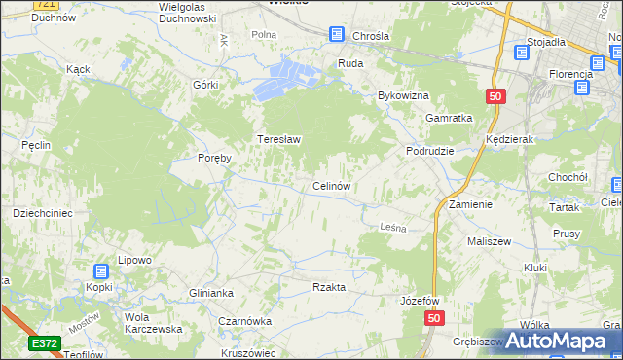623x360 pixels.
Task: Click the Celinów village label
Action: tap(331, 185)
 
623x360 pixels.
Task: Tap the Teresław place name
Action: tap(278, 139)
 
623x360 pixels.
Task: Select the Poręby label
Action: tap(214, 159)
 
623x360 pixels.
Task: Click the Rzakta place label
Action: tap(329, 287)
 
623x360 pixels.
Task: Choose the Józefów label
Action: tap(421, 301)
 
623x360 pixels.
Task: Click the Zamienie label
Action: tap(471, 205)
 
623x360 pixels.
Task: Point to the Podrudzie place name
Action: tap(430, 152)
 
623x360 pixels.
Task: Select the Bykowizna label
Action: tap(404, 96)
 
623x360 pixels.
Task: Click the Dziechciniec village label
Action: tap(38, 211)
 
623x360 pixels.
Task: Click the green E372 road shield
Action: tap(45, 343)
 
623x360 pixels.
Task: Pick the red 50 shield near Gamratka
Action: tap(495, 96)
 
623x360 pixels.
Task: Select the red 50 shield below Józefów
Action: tap(434, 319)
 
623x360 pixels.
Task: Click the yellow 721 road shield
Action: tap(43, 4)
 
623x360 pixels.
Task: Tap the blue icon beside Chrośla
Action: tap(337, 35)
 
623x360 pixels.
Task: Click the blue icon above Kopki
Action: tap(102, 271)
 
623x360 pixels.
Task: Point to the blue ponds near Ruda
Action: tap(285, 78)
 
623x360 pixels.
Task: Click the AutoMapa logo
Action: tap(564, 341)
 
